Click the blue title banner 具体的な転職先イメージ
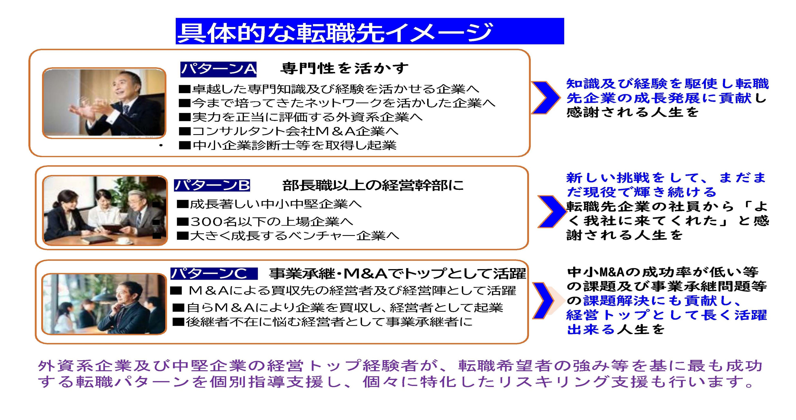click(370, 31)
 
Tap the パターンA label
click(218, 69)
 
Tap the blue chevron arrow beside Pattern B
click(551, 211)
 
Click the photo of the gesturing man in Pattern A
click(104, 103)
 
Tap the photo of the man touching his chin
click(104, 304)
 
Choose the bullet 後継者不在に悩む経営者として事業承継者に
click(323, 322)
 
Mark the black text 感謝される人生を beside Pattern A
click(633, 112)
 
